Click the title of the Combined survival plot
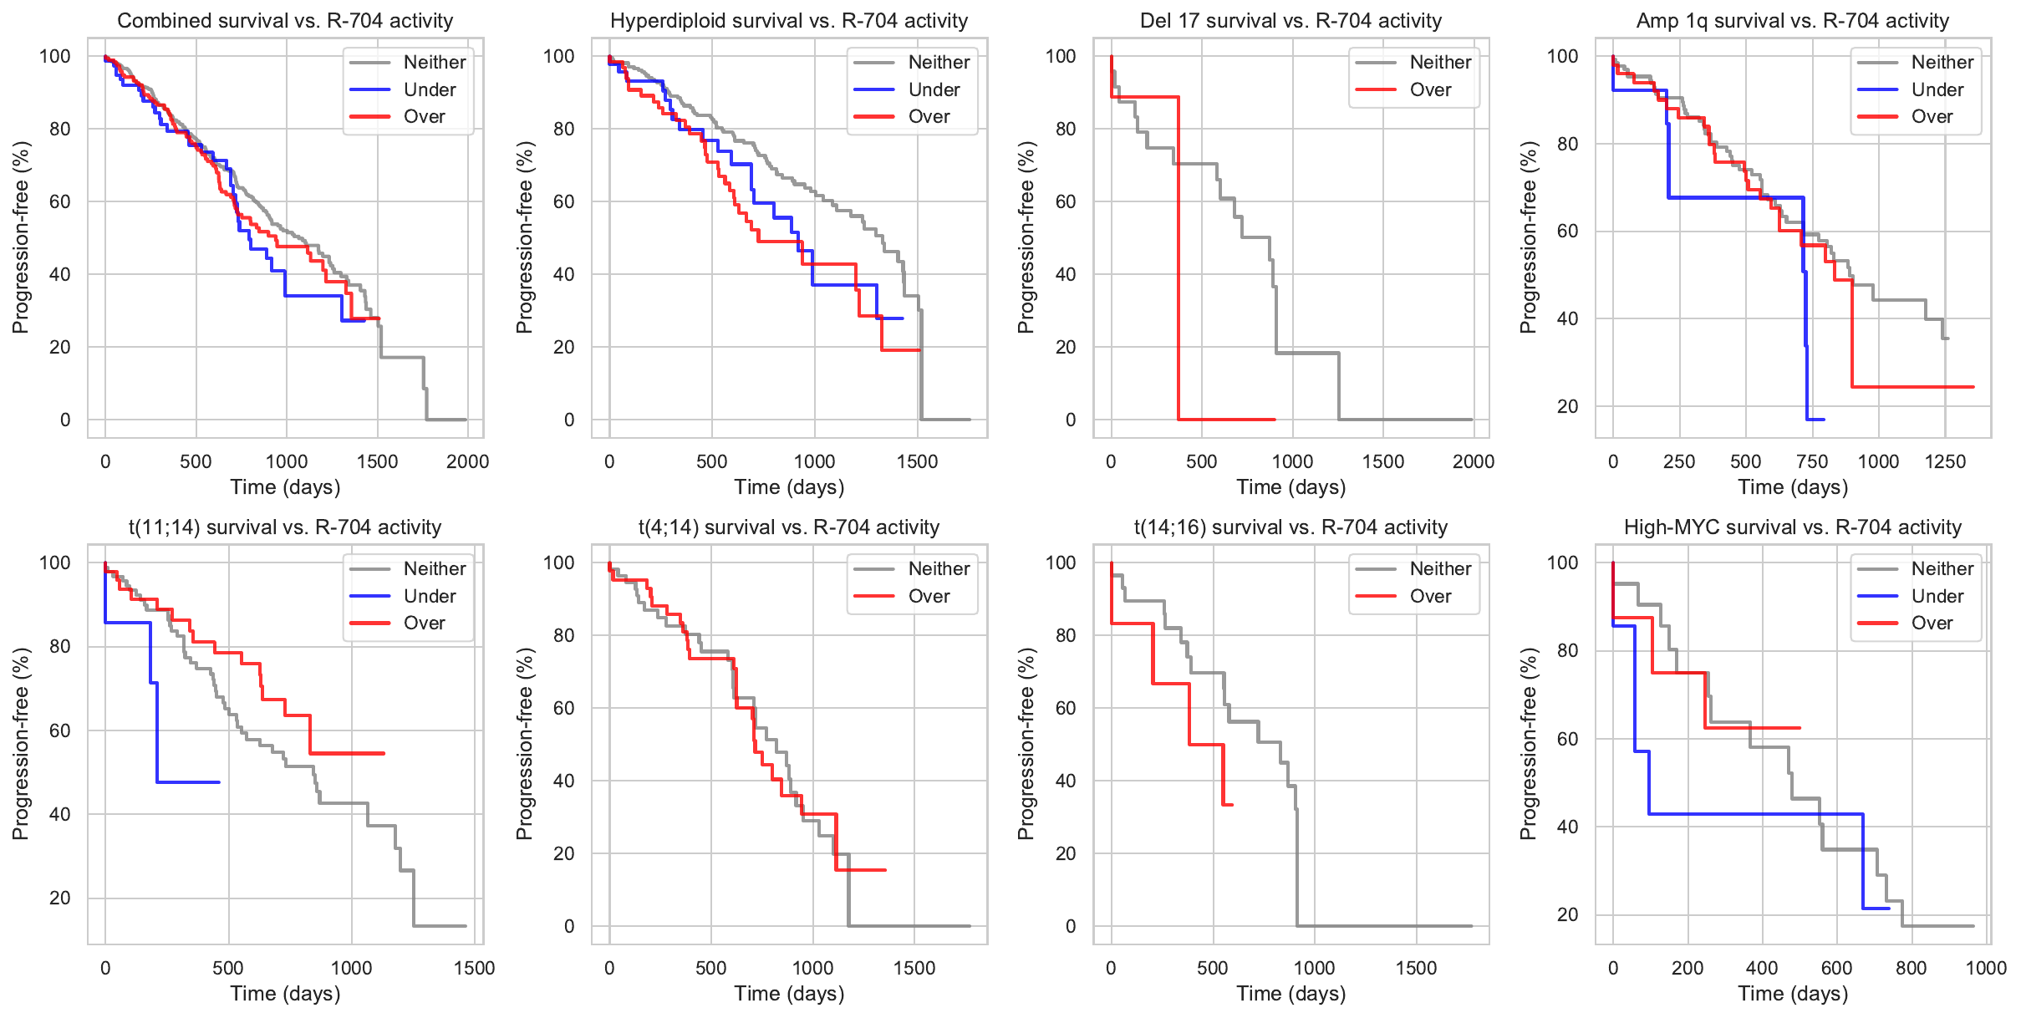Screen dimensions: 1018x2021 [x=285, y=21]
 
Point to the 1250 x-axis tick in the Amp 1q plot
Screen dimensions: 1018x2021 [x=1945, y=461]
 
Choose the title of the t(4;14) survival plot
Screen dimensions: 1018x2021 [x=789, y=527]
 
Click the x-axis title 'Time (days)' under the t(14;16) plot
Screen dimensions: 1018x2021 [x=1291, y=993]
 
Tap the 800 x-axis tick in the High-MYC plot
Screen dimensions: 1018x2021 [x=1912, y=968]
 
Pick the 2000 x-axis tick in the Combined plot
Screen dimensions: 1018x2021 [x=467, y=461]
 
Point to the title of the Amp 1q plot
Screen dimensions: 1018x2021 [x=1793, y=21]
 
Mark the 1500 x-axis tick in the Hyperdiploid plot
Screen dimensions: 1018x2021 [x=917, y=461]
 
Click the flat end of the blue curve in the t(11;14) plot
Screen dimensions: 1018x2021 [x=201, y=782]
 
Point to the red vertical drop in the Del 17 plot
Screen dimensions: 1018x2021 [x=1178, y=259]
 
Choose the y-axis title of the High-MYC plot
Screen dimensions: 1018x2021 [x=1529, y=744]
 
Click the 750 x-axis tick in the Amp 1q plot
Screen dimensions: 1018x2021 [x=1812, y=461]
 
